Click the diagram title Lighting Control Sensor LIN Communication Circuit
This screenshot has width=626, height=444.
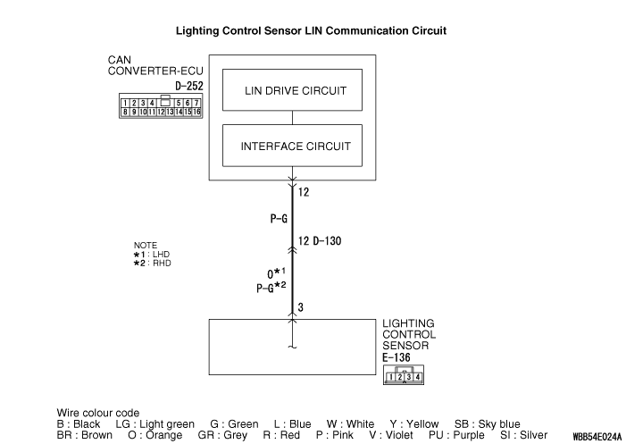click(x=312, y=30)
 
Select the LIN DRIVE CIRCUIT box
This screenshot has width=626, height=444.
click(x=296, y=90)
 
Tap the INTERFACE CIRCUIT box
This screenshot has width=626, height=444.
click(x=296, y=146)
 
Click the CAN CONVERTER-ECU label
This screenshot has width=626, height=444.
click(x=148, y=67)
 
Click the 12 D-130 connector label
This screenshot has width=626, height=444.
click(x=321, y=241)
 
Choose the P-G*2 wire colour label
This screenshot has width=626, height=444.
click(x=271, y=287)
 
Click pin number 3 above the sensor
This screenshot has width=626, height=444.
click(x=302, y=308)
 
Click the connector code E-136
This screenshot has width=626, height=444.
click(x=396, y=357)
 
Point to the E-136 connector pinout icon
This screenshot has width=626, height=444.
click(x=402, y=376)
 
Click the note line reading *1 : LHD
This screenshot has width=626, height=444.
click(x=152, y=255)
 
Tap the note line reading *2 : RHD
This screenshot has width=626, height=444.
click(x=152, y=264)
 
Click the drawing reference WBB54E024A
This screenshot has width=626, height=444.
click(x=585, y=438)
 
